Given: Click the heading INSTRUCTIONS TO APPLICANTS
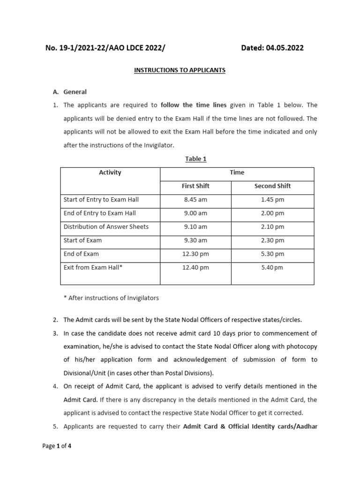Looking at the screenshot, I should [180, 70].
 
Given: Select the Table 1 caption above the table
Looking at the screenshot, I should [195, 159].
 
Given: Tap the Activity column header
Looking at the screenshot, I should [110, 172].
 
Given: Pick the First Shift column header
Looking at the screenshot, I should [195, 186].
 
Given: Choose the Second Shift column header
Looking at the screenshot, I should [272, 186].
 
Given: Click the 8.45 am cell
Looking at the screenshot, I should [195, 200].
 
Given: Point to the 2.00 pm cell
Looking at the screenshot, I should [272, 213].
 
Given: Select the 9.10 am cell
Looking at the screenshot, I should [195, 227].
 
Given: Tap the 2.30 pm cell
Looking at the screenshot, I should [272, 240].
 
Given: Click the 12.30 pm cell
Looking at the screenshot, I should [195, 254].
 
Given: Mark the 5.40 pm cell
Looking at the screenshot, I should [272, 268].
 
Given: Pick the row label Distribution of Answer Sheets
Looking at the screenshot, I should [106, 227].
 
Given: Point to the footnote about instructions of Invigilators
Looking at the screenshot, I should [111, 298].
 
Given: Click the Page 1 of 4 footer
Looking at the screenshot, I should [57, 446].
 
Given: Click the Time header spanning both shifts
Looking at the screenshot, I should [237, 172].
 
